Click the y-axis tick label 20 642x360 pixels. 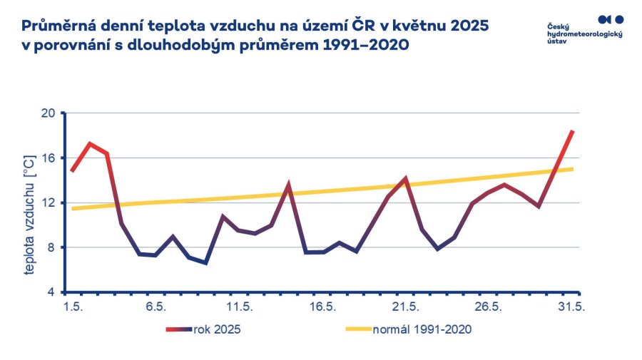click(49, 113)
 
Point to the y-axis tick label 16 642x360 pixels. click(49, 158)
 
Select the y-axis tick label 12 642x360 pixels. click(49, 202)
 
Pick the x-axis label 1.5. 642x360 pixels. click(73, 307)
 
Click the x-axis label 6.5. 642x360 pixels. click(156, 307)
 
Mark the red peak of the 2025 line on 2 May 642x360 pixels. click(89, 143)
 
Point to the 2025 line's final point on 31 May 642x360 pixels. click(572, 131)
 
